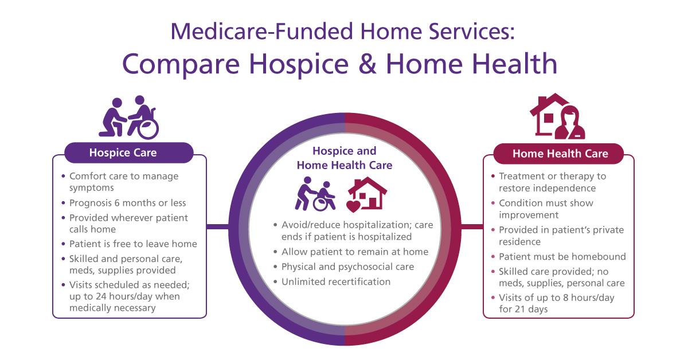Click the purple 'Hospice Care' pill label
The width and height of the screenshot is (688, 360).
point(128,152)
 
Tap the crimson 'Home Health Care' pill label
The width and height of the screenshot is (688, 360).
point(558,154)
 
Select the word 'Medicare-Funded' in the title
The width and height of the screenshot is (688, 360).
point(261,32)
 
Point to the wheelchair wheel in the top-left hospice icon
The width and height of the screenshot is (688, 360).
point(148,129)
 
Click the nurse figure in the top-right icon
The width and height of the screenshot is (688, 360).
point(570,123)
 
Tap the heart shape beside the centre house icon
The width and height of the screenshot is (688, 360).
point(353,206)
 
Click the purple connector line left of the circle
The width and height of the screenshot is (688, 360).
point(218,226)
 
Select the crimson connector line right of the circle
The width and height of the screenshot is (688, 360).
point(472,226)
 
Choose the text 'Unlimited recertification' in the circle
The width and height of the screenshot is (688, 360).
point(336,281)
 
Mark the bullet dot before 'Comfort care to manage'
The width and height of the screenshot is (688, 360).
point(63,177)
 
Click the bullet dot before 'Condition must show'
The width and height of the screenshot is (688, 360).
point(493,203)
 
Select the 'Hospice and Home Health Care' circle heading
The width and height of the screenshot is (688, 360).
point(345,158)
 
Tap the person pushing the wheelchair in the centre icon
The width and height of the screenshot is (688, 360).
point(304,193)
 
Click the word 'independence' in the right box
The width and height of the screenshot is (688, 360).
point(565,188)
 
